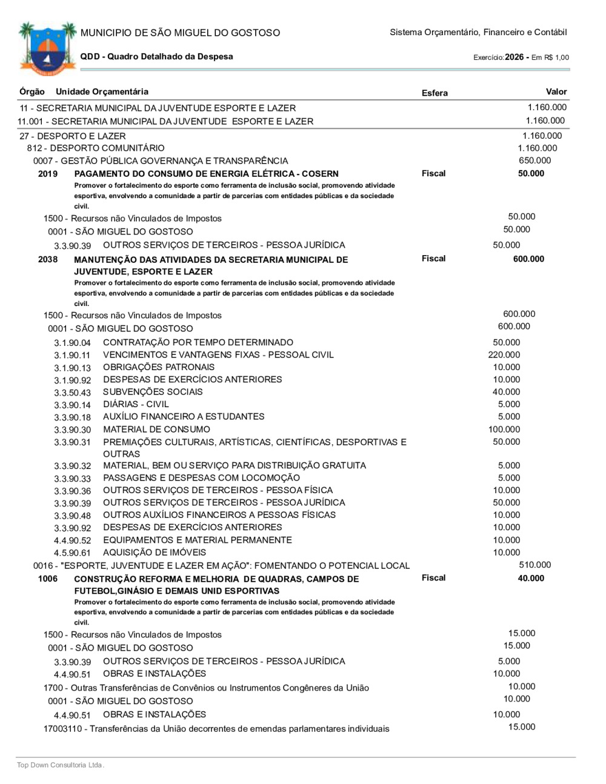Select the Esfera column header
435,93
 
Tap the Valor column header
556,91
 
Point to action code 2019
48,174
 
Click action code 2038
48,259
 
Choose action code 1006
48,579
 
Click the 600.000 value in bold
528,259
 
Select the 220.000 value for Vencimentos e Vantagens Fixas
504,354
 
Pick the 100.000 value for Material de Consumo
504,429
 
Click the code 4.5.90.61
72,553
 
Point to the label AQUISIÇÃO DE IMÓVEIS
155,552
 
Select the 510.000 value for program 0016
534,565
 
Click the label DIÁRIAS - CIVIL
136,404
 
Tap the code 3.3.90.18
72,417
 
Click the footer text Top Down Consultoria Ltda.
61,765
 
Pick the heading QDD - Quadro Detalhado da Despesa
156,56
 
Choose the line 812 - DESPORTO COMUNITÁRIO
95,148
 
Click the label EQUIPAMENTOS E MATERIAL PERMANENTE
197,540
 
